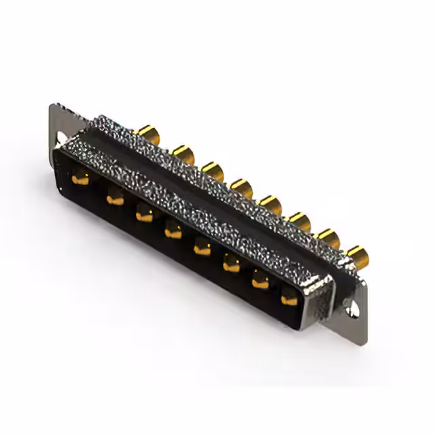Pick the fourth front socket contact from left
[x=173, y=232]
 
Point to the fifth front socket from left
[x=203, y=249]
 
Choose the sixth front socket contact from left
[x=232, y=265]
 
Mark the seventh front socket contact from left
[x=261, y=280]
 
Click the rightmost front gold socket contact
[x=290, y=296]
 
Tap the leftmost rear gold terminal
[x=146, y=130]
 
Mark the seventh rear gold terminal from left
[x=328, y=237]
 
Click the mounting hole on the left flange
[x=62, y=139]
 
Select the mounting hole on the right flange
[x=351, y=309]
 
